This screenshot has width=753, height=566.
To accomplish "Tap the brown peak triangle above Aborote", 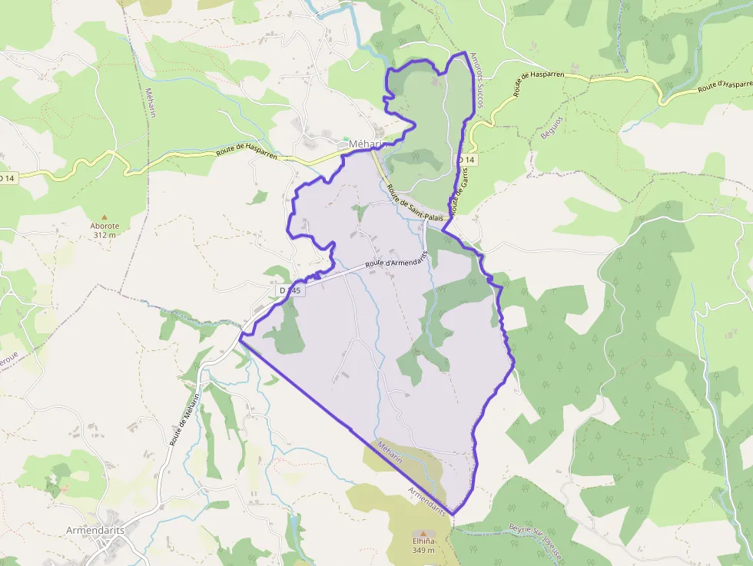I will click(104, 217).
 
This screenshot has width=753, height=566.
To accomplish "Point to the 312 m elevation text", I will click(104, 235).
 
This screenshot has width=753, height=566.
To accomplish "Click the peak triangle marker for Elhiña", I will click(421, 533).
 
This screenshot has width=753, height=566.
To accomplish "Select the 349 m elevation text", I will click(421, 550).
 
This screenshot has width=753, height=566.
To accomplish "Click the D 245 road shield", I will click(290, 290).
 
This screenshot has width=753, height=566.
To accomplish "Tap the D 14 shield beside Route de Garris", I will click(466, 159).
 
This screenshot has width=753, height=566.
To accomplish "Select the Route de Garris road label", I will click(459, 191).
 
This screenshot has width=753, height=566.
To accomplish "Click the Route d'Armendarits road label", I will click(396, 261).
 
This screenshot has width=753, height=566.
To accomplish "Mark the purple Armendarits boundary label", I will click(427, 500).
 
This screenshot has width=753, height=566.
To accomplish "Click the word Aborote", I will click(104, 226).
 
